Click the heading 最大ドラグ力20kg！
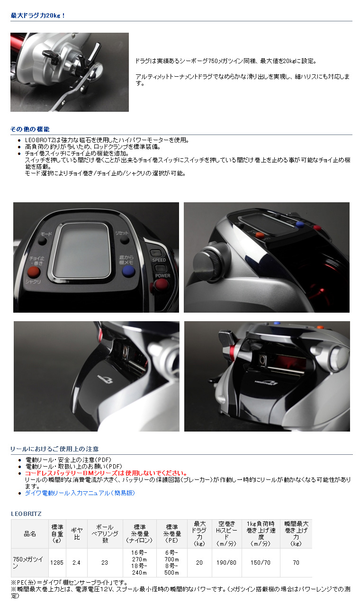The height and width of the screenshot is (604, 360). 38,15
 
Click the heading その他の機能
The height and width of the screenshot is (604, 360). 30,129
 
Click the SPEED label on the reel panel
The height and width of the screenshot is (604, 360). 158,260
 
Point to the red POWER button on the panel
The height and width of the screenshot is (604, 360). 161,284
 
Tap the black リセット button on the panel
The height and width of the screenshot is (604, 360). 124,240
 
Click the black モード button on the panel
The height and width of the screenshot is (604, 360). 43,241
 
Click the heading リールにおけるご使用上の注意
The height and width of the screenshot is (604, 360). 54,449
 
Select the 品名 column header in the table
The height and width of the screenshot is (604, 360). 29,533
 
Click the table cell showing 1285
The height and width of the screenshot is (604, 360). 56,562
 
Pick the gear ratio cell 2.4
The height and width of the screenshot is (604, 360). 76,562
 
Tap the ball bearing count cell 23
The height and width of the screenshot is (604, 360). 104,562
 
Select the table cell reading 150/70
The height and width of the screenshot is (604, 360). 261,562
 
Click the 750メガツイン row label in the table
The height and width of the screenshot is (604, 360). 29,562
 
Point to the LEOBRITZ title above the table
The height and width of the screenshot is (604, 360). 26,514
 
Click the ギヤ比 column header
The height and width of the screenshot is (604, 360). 76,533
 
